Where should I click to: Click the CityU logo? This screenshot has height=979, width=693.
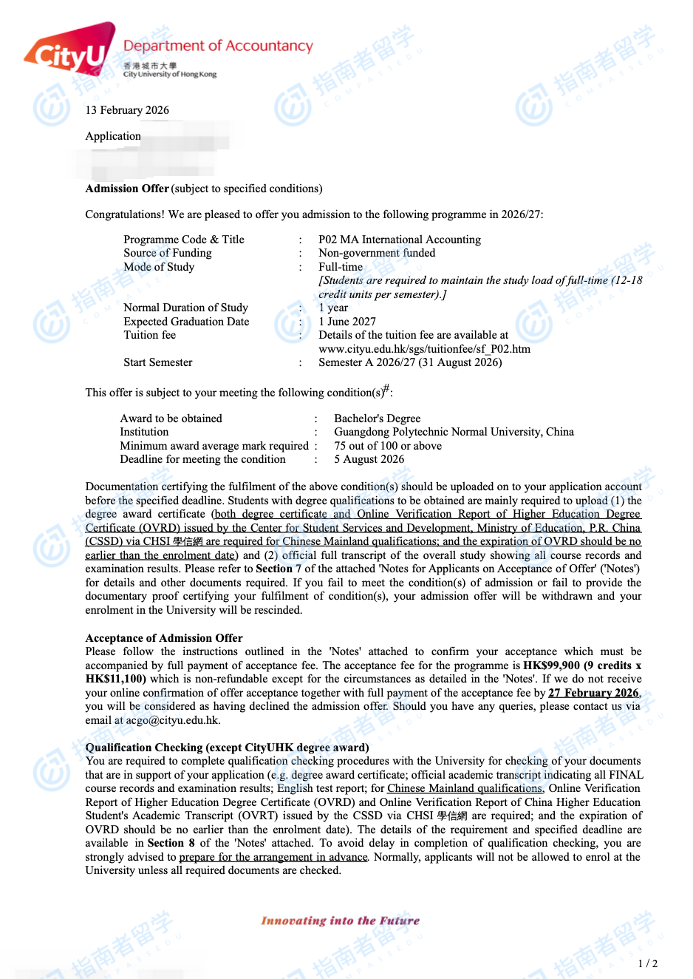(x=70, y=50)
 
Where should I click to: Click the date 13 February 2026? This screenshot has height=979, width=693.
(x=127, y=110)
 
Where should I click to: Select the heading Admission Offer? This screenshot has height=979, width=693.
(x=127, y=189)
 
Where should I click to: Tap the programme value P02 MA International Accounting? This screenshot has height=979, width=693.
(x=400, y=240)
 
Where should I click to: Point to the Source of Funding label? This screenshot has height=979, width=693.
(x=168, y=253)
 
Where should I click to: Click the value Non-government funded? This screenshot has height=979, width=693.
(x=377, y=253)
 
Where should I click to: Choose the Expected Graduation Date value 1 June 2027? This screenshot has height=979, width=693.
(x=347, y=322)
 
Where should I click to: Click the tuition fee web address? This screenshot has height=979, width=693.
(x=424, y=349)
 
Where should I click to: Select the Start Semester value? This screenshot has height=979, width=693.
(x=410, y=362)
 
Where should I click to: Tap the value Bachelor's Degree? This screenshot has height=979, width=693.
(x=378, y=419)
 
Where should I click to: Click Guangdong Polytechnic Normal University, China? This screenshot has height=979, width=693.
(x=454, y=432)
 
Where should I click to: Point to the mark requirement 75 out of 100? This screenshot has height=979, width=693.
(x=388, y=446)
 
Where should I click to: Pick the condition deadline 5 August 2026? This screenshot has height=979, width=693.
(x=369, y=459)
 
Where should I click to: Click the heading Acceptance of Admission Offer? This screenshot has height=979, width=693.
(x=164, y=638)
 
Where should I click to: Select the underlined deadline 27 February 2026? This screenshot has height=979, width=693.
(x=593, y=693)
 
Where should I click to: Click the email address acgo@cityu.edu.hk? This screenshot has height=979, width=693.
(x=173, y=720)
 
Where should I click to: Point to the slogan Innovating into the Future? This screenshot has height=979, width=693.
(x=340, y=921)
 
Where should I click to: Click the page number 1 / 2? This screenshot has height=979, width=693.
(x=647, y=963)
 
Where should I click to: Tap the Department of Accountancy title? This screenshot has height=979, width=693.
(x=218, y=46)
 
